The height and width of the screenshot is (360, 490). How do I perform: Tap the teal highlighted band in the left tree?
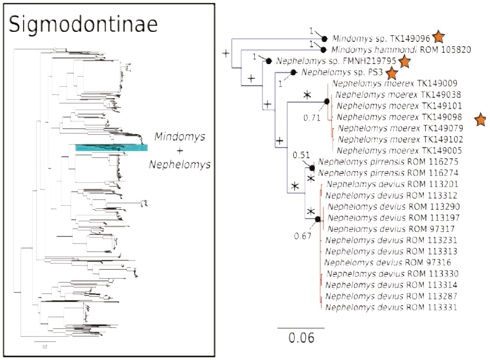[x=112, y=148]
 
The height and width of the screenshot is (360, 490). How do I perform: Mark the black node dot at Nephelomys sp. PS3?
[x=293, y=73]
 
